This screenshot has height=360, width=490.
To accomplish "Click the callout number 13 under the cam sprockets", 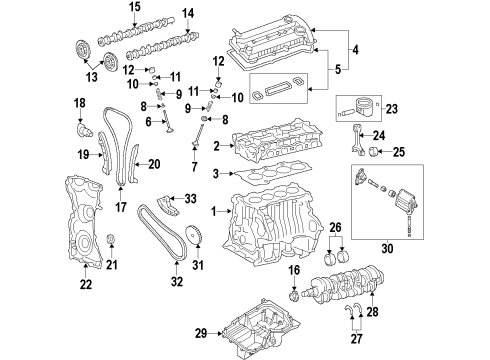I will (x=92, y=77).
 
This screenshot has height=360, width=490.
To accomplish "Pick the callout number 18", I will (x=80, y=103).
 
